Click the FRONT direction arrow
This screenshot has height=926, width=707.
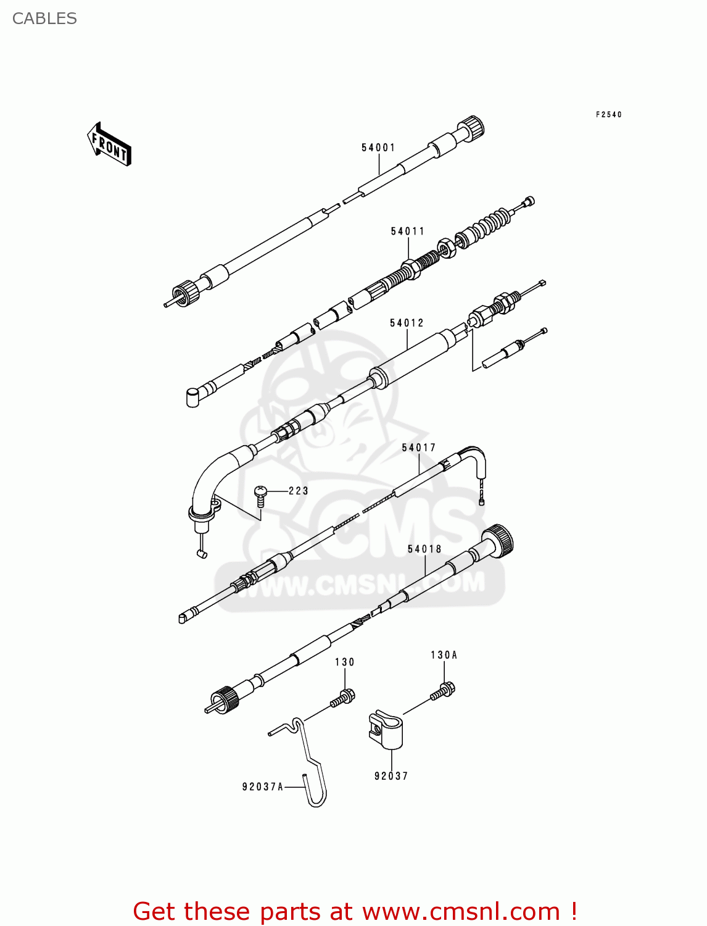109,144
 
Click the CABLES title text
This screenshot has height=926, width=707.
44,19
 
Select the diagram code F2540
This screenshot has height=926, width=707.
608,115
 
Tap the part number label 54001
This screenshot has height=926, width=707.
378,148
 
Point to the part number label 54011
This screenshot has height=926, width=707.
408,231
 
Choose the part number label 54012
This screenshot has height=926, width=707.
407,323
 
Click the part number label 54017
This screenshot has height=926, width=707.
419,448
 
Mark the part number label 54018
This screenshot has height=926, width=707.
424,549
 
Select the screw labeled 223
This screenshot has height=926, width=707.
260,494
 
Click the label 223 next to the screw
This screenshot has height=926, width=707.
298,491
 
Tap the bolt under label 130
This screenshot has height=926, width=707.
342,698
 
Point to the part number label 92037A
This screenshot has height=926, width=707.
263,786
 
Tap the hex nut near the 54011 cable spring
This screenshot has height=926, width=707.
447,248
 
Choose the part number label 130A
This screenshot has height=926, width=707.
444,655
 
